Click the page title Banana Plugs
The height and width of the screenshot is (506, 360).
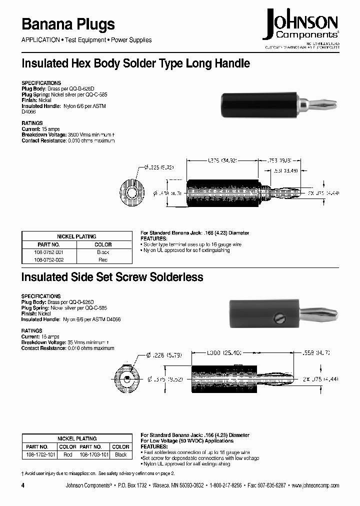pyautogui.click(x=68, y=24)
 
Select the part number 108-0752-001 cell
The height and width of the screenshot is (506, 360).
pyautogui.click(x=49, y=252)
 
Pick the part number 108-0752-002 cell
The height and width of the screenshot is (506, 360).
pyautogui.click(x=49, y=260)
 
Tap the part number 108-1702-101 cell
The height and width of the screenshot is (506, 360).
pyautogui.click(x=37, y=454)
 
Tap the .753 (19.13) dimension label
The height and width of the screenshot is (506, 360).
pyautogui.click(x=285, y=160)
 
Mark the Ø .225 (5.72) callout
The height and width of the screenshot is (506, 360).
pyautogui.click(x=158, y=168)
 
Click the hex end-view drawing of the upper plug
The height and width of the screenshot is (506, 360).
pyautogui.click(x=131, y=193)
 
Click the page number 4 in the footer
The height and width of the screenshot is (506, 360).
pyautogui.click(x=23, y=485)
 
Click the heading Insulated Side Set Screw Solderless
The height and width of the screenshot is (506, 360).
pyautogui.click(x=112, y=276)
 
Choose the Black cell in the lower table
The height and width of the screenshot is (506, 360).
pyautogui.click(x=120, y=454)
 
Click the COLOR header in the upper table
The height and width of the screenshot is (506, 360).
pyautogui.click(x=103, y=244)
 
